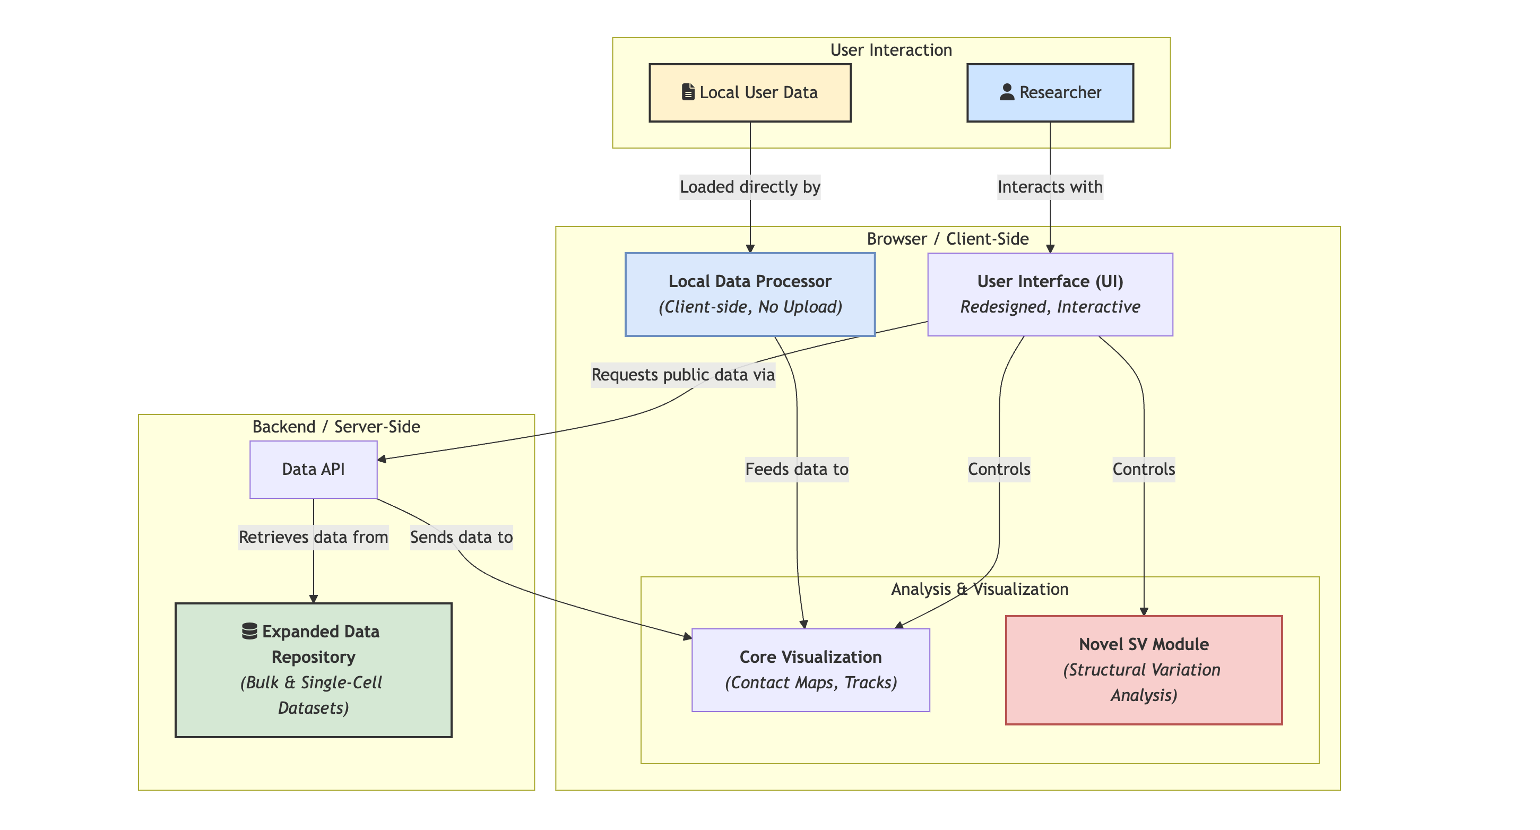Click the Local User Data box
pos(750,93)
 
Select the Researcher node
pos(1050,93)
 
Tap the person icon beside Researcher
pos(1007,92)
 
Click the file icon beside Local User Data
pos(688,92)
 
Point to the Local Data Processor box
pos(750,294)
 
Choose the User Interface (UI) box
pos(1050,294)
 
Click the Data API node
pos(313,470)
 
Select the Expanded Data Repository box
pos(313,670)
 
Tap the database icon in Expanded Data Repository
pos(249,632)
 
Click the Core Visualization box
pos(811,670)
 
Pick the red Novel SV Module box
pos(1143,670)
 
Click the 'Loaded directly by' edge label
pos(750,187)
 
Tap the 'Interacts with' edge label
pos(1050,187)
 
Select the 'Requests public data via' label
pos(683,375)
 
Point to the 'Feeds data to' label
pos(797,470)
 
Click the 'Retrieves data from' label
pos(313,537)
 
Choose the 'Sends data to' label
pos(461,537)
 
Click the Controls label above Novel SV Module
pos(1143,470)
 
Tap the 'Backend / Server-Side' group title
pos(336,426)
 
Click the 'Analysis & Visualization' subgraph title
pos(979,589)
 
